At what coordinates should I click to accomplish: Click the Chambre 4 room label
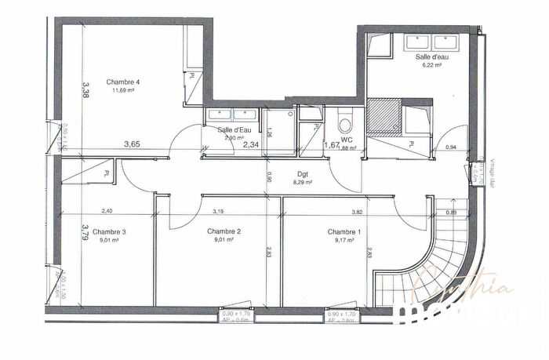coord(123,82)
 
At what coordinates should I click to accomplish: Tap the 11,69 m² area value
coord(123,90)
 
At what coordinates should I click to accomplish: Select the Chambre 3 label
coord(109,232)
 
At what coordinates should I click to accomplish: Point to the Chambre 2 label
coord(224,232)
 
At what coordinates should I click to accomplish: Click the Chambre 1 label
coord(344,232)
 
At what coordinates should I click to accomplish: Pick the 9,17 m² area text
coord(344,241)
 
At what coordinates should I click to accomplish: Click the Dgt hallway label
coord(302,174)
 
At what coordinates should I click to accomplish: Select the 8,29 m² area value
coord(302,183)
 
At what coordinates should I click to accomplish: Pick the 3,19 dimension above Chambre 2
coord(219,212)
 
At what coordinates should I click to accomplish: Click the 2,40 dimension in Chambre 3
coord(107,212)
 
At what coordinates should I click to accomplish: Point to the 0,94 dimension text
coord(451,147)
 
